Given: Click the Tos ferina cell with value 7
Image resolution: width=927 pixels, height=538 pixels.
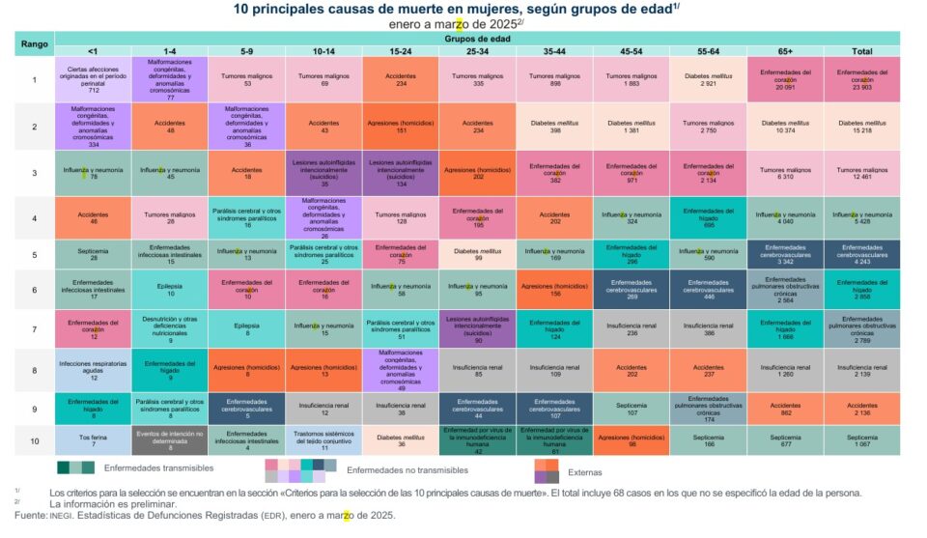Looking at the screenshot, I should click(92, 440).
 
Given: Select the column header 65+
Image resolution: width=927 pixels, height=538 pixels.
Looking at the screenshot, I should click(785, 51).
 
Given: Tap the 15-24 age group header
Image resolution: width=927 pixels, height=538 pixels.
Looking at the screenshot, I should click(400, 51).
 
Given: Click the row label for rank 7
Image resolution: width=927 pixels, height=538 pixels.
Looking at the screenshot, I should click(34, 329).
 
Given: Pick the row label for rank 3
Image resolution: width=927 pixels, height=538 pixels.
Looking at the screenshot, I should click(34, 173).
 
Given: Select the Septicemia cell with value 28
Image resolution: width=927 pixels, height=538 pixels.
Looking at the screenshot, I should click(92, 254).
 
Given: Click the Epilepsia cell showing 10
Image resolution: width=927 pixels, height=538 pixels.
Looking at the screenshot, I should click(169, 289).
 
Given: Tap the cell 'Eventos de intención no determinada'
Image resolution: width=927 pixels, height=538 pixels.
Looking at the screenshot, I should click(169, 440).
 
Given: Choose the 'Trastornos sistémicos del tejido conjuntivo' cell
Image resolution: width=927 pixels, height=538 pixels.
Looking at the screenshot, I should click(323, 440).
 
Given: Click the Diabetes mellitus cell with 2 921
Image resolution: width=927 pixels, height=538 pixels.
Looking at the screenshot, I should click(708, 79).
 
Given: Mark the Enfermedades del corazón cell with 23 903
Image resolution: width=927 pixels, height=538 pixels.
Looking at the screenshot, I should click(862, 79).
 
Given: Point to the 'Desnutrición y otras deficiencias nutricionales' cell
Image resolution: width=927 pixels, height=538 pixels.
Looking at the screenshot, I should click(169, 329).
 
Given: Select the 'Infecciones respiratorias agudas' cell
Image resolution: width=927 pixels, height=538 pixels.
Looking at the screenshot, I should click(92, 369).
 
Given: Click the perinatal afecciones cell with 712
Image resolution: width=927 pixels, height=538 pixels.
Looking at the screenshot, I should click(92, 79).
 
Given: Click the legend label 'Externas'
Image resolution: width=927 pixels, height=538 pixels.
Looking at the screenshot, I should click(585, 472).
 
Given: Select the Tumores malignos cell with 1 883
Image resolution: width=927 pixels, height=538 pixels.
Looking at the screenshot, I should click(631, 79).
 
